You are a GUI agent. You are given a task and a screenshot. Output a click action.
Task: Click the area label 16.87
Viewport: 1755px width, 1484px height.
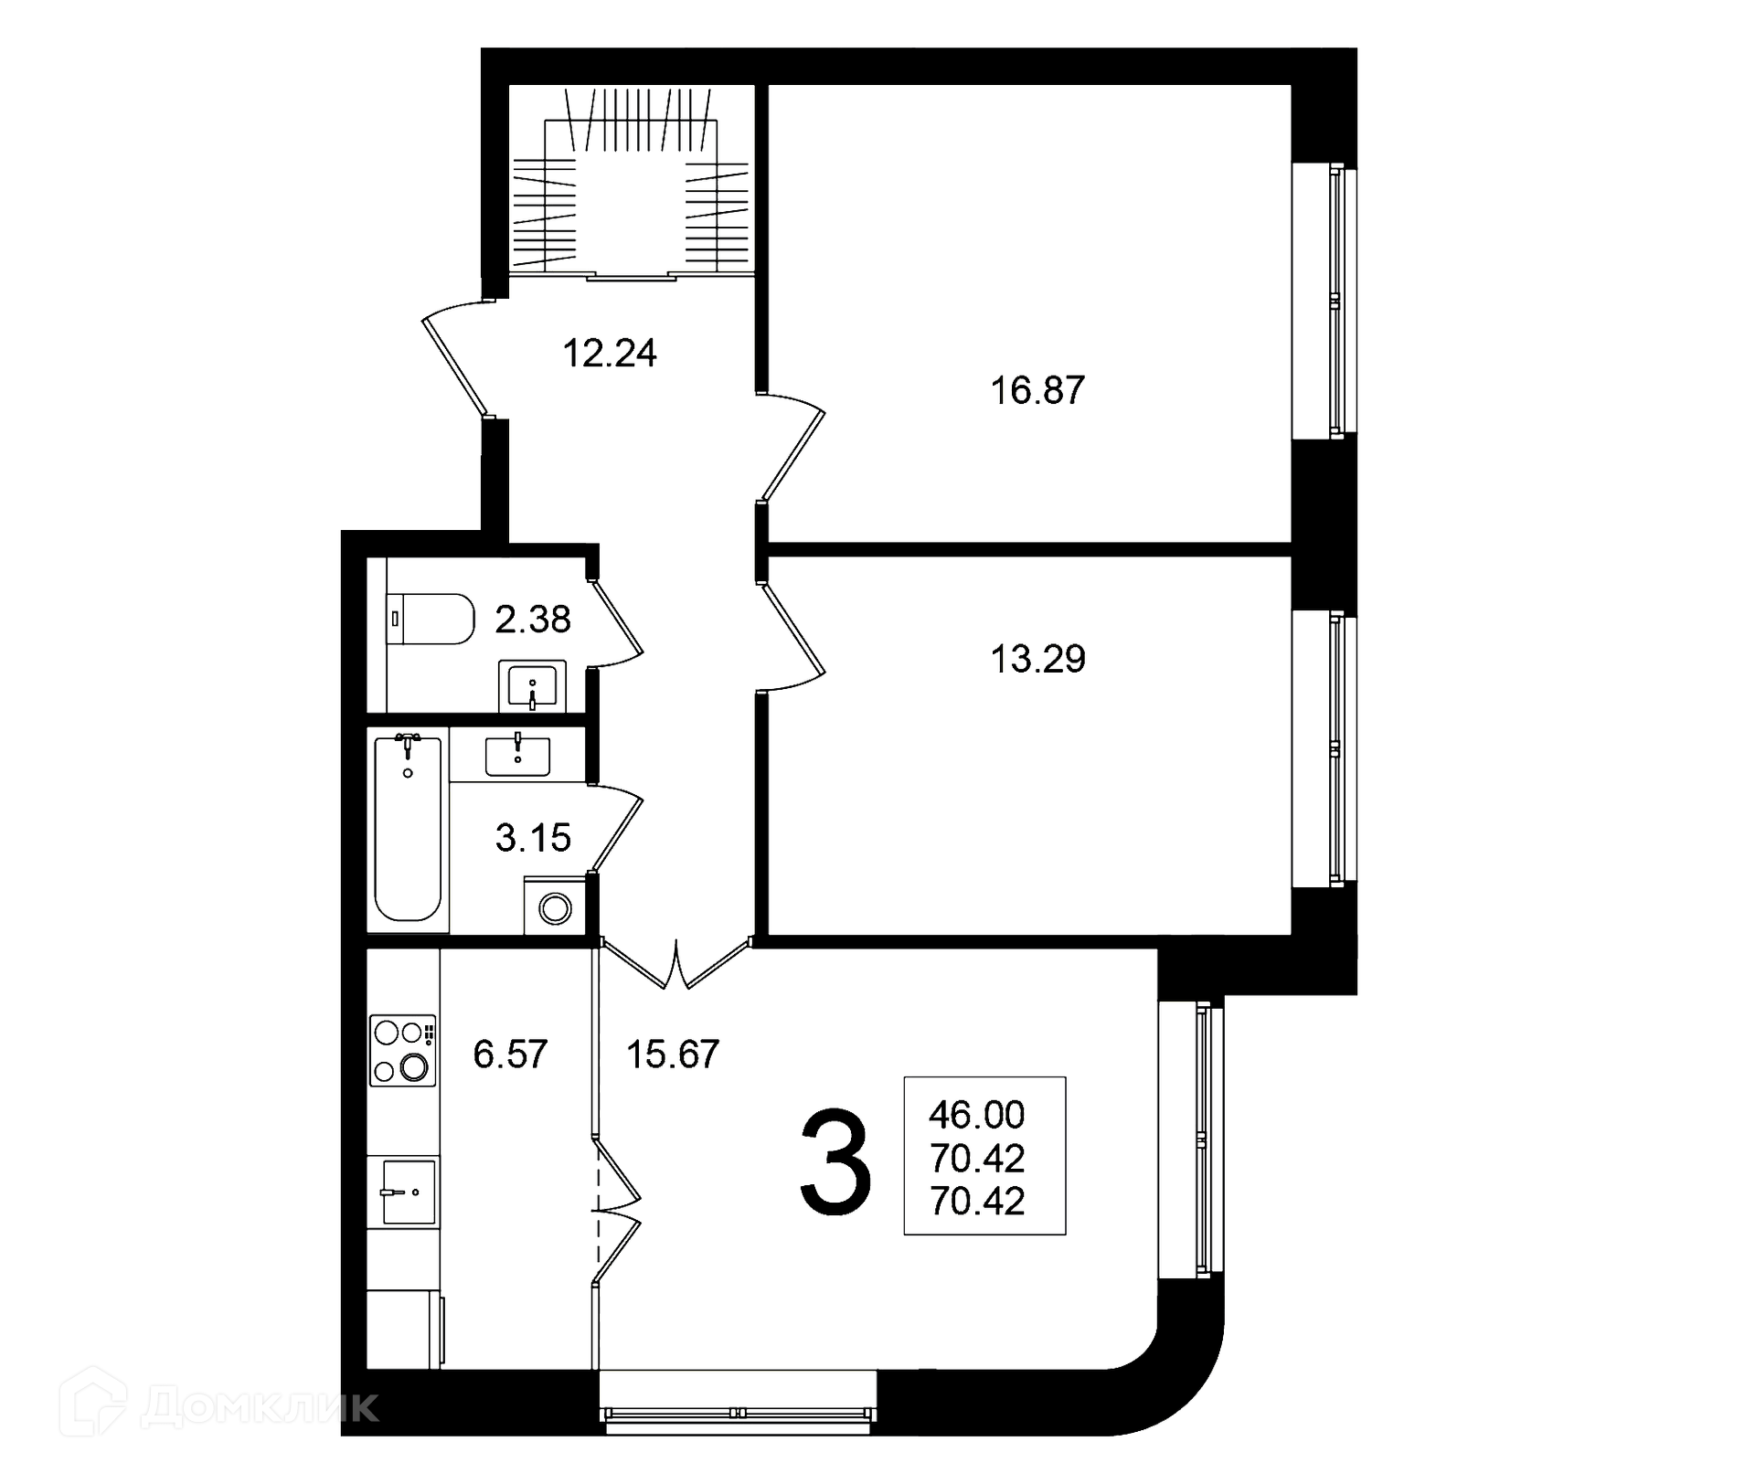(1037, 390)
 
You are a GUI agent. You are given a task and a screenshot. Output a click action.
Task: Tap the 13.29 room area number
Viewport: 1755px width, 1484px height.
(1038, 659)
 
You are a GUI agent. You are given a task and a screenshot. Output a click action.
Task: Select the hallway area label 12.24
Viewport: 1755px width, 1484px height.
(610, 353)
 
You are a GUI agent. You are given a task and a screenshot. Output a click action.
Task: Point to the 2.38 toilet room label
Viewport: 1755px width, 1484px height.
(533, 620)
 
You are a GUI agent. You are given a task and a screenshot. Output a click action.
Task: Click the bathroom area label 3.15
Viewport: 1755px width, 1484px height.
(533, 837)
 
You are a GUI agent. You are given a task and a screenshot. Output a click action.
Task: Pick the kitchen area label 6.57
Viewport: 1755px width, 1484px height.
(510, 1055)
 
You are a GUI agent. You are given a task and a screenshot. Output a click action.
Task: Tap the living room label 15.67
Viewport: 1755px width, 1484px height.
(673, 1055)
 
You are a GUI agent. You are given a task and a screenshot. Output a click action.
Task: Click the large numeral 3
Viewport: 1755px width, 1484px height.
(835, 1161)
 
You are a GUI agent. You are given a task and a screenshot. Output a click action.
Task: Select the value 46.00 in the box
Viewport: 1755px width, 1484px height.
(977, 1115)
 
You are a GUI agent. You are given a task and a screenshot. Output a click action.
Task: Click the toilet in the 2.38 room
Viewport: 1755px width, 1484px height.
(431, 620)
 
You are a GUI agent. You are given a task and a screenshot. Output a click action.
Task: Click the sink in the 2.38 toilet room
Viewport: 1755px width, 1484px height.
(532, 685)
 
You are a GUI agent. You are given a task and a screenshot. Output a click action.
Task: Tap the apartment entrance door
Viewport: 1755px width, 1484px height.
(455, 359)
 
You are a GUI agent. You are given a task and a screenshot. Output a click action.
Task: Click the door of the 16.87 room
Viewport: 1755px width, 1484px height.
(792, 448)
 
